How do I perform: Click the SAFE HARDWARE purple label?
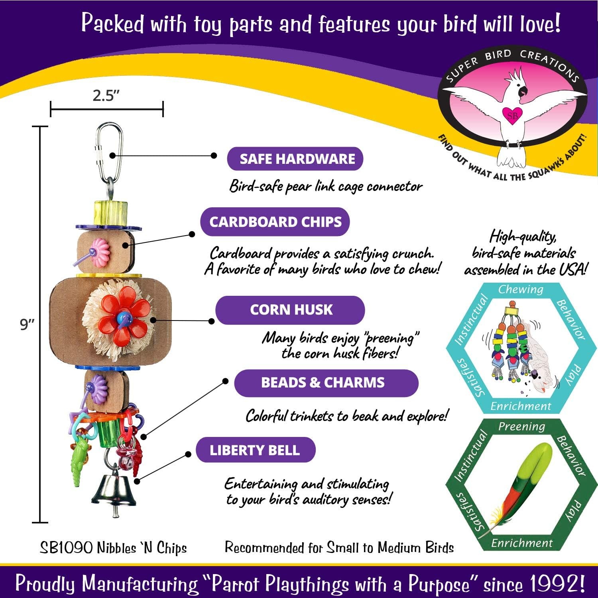295,159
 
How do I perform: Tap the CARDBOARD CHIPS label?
275,222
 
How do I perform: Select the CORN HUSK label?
290,310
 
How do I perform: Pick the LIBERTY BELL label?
255,450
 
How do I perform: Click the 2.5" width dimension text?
106,96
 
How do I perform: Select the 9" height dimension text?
28,325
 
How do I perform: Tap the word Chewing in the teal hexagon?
521,289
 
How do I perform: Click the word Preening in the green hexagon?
521,427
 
